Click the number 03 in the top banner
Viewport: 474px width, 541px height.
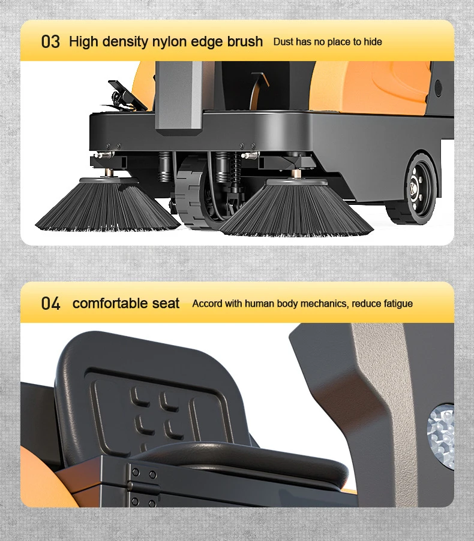tap(50, 42)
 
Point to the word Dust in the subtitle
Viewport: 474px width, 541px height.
tap(284, 42)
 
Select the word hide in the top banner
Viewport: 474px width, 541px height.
tap(373, 42)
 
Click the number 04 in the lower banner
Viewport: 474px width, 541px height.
tap(50, 303)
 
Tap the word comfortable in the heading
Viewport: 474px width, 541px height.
tap(109, 303)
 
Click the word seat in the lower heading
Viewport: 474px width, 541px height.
tap(165, 303)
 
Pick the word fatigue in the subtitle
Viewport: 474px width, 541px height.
tap(395, 303)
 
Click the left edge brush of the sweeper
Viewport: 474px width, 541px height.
tap(106, 207)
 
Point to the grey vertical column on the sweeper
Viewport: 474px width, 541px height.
tap(179, 96)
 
